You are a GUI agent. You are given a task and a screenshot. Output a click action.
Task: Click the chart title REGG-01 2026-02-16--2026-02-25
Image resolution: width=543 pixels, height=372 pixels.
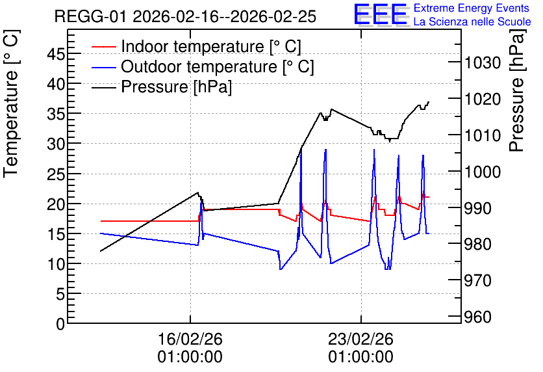tap(185, 16)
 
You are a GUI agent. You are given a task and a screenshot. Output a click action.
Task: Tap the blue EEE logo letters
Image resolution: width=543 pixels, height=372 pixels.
tap(381, 14)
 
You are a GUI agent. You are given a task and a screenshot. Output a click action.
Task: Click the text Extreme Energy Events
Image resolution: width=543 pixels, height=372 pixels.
tap(472, 8)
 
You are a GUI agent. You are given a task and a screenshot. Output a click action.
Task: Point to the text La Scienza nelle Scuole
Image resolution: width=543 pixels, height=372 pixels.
tap(472, 21)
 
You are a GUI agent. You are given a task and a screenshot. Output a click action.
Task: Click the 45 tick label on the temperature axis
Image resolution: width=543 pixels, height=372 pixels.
tap(56, 54)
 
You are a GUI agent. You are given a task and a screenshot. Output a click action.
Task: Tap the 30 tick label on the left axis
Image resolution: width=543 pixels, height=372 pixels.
tap(56, 144)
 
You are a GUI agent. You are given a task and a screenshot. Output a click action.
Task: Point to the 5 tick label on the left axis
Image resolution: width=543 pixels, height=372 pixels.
tap(60, 295)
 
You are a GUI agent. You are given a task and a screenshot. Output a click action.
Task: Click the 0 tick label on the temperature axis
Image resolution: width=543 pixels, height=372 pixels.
tap(60, 325)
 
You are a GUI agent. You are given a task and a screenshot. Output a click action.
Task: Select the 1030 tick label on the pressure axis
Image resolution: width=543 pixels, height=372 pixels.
tap(483, 62)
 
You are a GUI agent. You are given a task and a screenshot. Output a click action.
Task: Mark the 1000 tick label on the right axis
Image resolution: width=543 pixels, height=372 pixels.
tap(483, 172)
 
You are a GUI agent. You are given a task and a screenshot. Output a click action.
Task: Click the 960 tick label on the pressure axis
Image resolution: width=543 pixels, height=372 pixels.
tap(478, 317)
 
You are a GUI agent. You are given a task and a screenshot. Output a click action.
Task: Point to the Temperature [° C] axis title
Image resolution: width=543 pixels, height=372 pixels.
tap(11, 103)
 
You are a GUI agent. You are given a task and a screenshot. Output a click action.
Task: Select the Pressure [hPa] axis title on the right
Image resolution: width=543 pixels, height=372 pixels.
tap(517, 90)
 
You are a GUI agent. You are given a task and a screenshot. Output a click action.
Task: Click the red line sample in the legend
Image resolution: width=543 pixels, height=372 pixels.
tap(104, 46)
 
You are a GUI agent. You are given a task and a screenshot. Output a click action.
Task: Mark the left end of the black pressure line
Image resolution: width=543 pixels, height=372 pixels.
tap(101, 251)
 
